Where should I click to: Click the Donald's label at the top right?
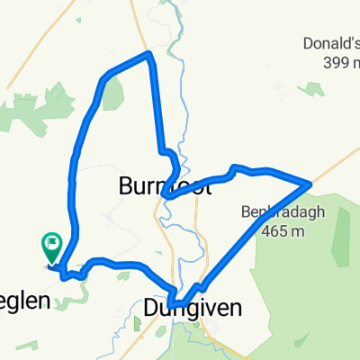click(330, 44)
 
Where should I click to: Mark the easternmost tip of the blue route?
click(310, 184)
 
